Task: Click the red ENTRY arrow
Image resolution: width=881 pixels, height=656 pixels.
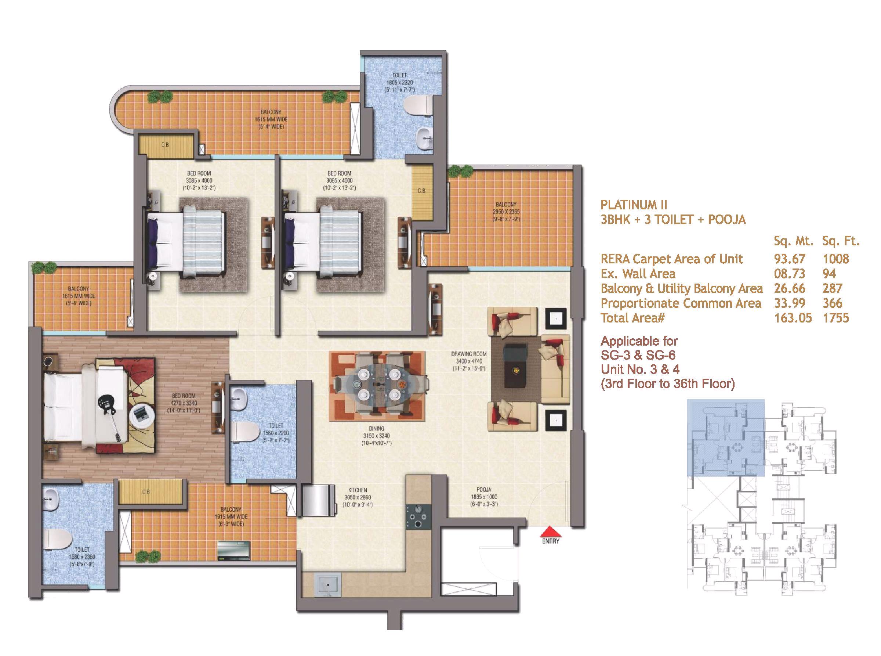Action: click(x=550, y=532)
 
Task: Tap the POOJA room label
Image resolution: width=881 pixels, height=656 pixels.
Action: click(x=484, y=490)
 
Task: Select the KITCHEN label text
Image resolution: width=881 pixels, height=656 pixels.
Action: click(x=358, y=490)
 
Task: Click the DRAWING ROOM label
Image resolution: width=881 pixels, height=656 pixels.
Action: click(x=469, y=353)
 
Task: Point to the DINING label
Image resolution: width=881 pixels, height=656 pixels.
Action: click(x=376, y=429)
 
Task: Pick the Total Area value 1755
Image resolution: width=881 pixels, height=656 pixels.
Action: click(x=835, y=318)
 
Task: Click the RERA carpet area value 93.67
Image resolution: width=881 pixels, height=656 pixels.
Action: click(x=789, y=259)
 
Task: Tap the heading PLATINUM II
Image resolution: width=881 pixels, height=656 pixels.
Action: click(x=634, y=205)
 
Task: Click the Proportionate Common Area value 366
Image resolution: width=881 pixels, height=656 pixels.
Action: click(x=832, y=303)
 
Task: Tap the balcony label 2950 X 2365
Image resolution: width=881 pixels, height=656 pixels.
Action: click(x=506, y=212)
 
